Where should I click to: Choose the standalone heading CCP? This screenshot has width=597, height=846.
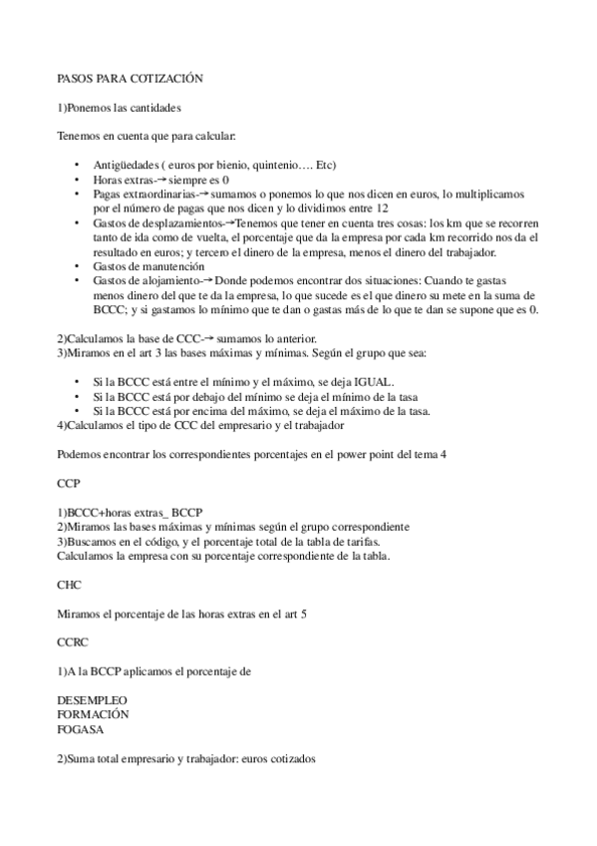coord(69,482)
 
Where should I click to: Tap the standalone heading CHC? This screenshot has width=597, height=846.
coord(70,585)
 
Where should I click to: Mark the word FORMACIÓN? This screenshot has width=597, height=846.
coord(93,715)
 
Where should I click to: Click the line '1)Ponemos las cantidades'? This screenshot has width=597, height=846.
coord(119,106)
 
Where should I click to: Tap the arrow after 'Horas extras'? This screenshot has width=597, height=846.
coord(157,179)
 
